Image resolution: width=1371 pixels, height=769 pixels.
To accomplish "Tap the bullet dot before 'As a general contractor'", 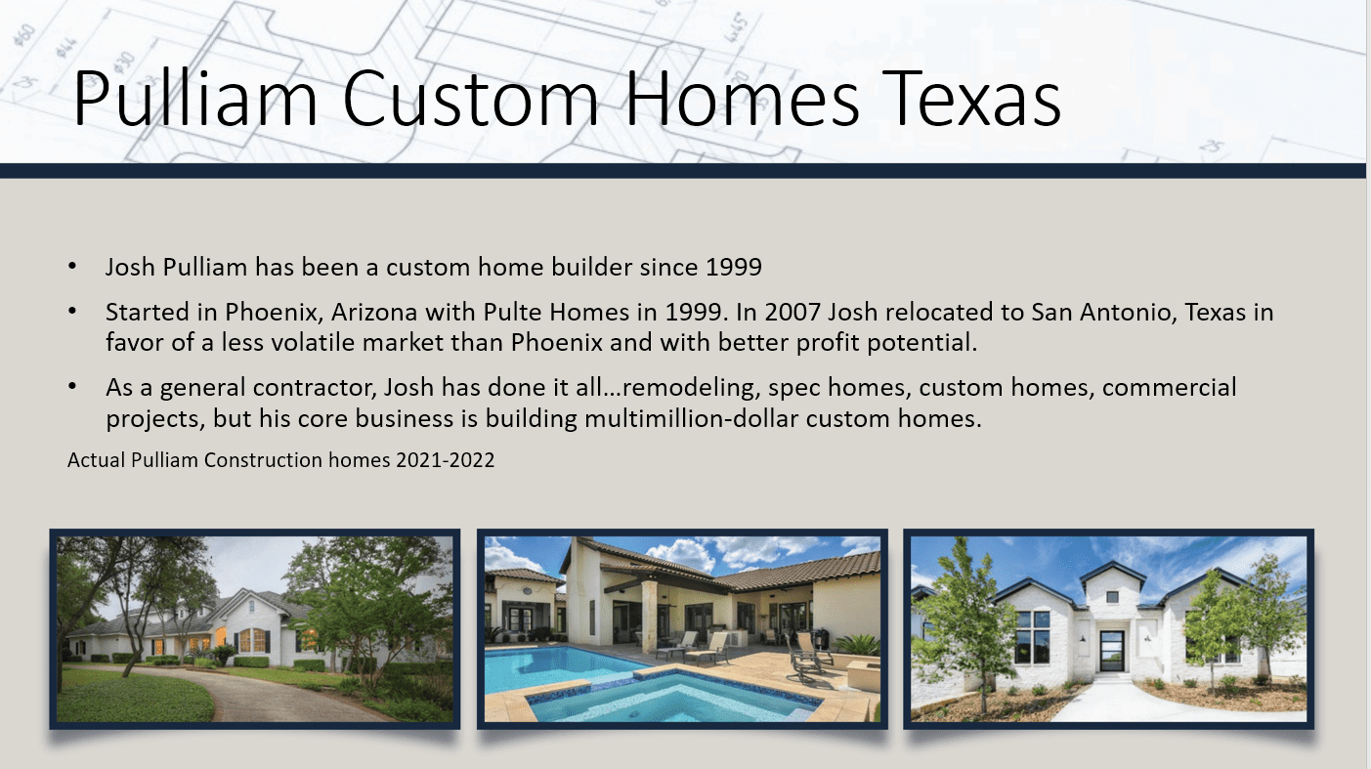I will (x=73, y=388).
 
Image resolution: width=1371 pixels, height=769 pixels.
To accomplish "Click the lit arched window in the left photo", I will (x=251, y=640).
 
